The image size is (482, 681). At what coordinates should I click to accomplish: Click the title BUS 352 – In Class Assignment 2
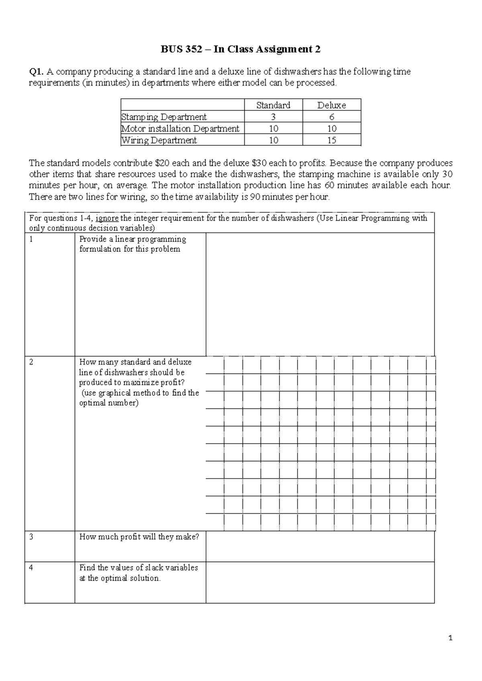tap(241, 49)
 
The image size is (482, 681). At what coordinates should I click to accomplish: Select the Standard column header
tap(273, 105)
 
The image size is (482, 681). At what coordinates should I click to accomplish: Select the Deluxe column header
tap(331, 105)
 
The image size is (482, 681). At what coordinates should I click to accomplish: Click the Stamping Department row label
tap(164, 117)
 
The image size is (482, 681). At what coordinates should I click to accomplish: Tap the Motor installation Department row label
tap(180, 128)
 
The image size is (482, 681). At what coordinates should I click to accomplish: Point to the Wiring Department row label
tap(159, 140)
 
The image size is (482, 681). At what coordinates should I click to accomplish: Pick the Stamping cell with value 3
tap(273, 117)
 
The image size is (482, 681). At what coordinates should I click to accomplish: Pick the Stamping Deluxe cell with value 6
tap(331, 117)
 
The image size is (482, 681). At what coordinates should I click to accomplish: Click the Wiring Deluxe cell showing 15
tap(331, 140)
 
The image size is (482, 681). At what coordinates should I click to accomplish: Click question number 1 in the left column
tap(31, 239)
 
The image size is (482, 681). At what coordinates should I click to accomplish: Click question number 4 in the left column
tap(31, 568)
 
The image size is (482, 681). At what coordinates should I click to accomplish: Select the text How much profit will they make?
tap(139, 537)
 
